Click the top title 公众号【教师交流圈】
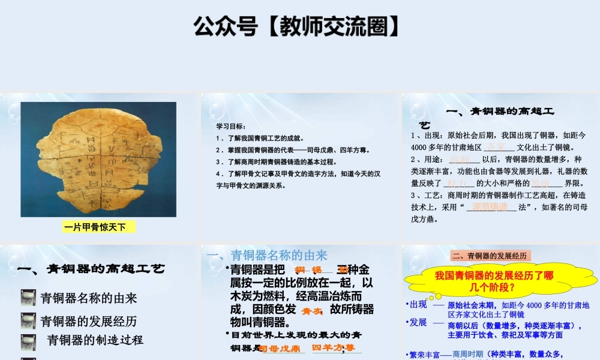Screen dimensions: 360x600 [x=296, y=26]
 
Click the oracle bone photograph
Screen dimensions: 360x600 [x=98, y=159]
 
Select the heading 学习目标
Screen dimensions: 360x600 [x=231, y=126]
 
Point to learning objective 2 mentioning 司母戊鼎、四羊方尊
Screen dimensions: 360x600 [x=293, y=150]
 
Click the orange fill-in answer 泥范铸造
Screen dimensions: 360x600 [x=490, y=207]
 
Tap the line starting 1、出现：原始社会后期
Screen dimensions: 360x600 [x=498, y=135]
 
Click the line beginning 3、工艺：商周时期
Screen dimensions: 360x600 [x=498, y=195]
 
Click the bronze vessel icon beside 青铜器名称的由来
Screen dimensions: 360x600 [x=28, y=298]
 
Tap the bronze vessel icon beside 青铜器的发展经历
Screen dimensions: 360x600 [x=28, y=320]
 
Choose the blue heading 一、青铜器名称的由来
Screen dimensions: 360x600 [x=267, y=256]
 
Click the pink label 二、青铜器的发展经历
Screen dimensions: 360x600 [x=491, y=256]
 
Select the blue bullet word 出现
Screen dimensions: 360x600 [x=418, y=304]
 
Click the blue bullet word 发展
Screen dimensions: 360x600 [x=418, y=322]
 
